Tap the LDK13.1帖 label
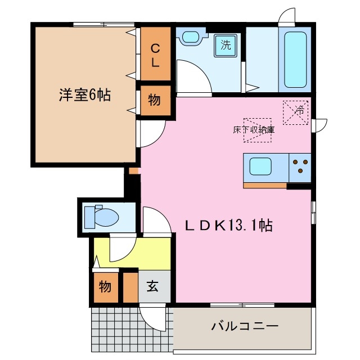pos(229,226)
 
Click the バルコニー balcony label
pos(245,326)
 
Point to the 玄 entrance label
pos(152,286)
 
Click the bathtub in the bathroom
pos(295,60)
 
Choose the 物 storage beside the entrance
pos(105,286)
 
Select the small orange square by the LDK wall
pos(133,170)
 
